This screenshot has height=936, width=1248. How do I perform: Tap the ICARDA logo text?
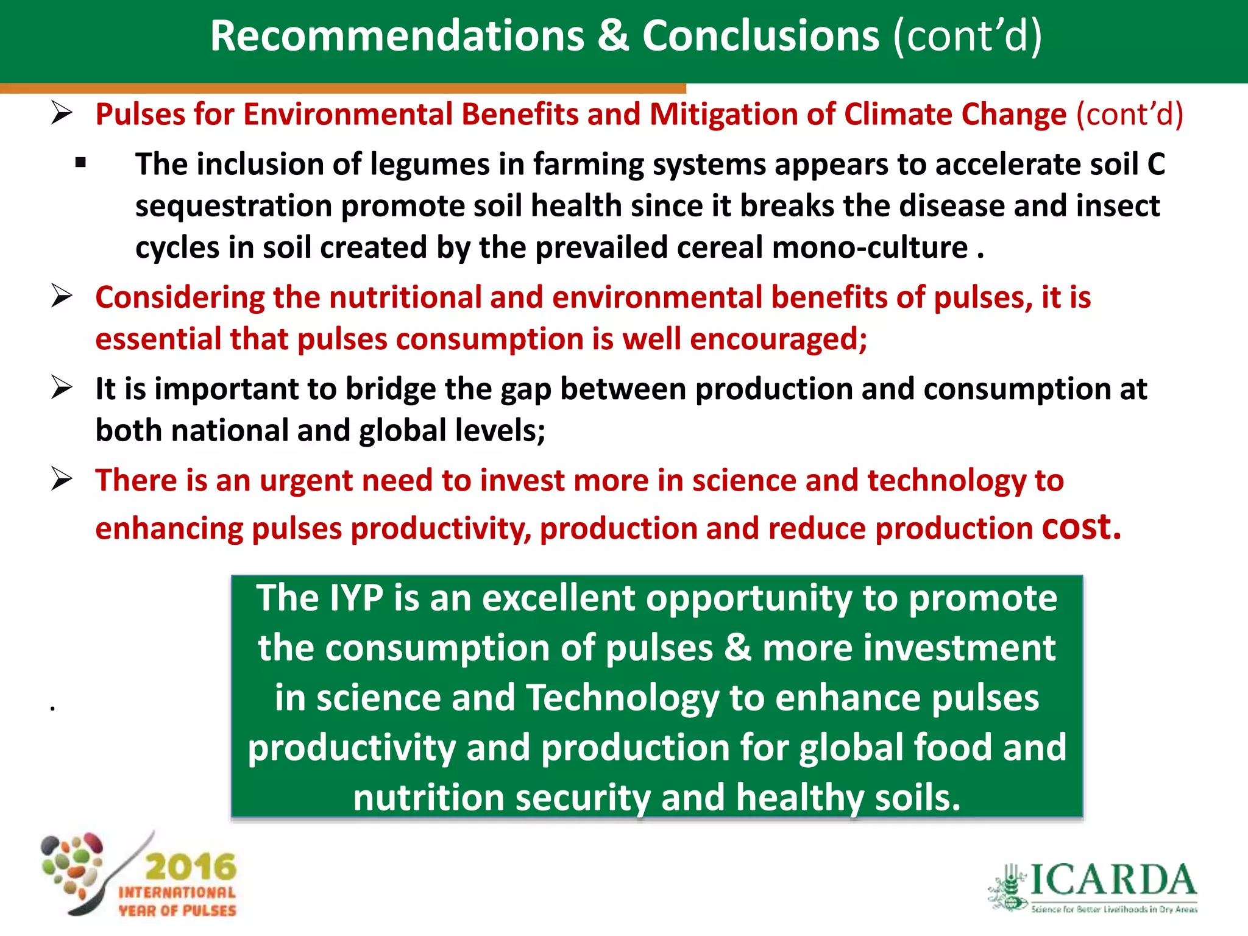point(1113,880)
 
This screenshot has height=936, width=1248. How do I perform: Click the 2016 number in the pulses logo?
point(191,867)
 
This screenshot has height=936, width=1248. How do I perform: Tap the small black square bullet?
point(81,163)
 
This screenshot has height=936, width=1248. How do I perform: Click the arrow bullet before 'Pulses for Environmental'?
point(62,113)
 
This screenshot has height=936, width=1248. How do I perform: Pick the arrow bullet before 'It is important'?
point(62,388)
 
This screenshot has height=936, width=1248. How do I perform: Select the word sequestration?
point(233,206)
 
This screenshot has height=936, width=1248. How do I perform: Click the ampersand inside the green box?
point(737,648)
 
